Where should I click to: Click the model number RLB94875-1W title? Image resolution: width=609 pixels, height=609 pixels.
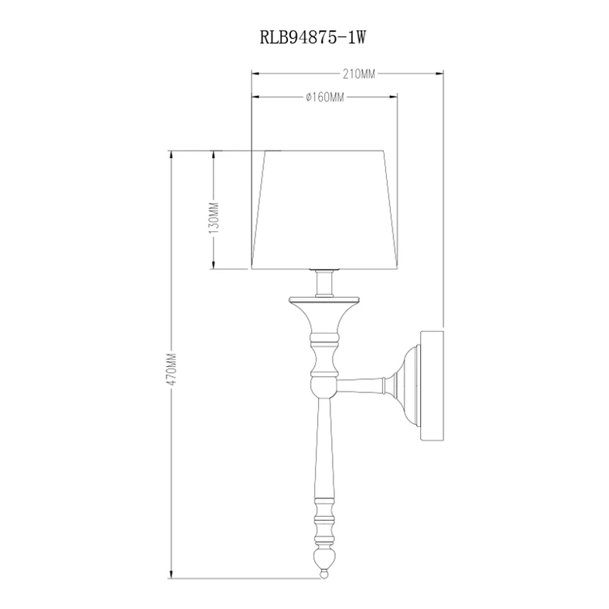[313, 38]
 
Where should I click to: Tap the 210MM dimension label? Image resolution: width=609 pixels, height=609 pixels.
[359, 74]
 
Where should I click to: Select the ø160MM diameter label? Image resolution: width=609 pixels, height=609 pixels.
[325, 97]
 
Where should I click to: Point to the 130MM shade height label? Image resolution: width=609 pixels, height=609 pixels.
[214, 217]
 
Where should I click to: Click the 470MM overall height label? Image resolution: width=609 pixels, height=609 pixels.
[171, 368]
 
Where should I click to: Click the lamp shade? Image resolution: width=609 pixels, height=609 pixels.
[325, 210]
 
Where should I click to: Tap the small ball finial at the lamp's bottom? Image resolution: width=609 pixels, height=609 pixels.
[323, 573]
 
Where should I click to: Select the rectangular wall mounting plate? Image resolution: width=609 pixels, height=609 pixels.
[433, 385]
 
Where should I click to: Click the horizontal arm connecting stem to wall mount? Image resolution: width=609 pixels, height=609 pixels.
[361, 385]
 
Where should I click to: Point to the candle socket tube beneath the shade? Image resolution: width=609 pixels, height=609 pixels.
[324, 284]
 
